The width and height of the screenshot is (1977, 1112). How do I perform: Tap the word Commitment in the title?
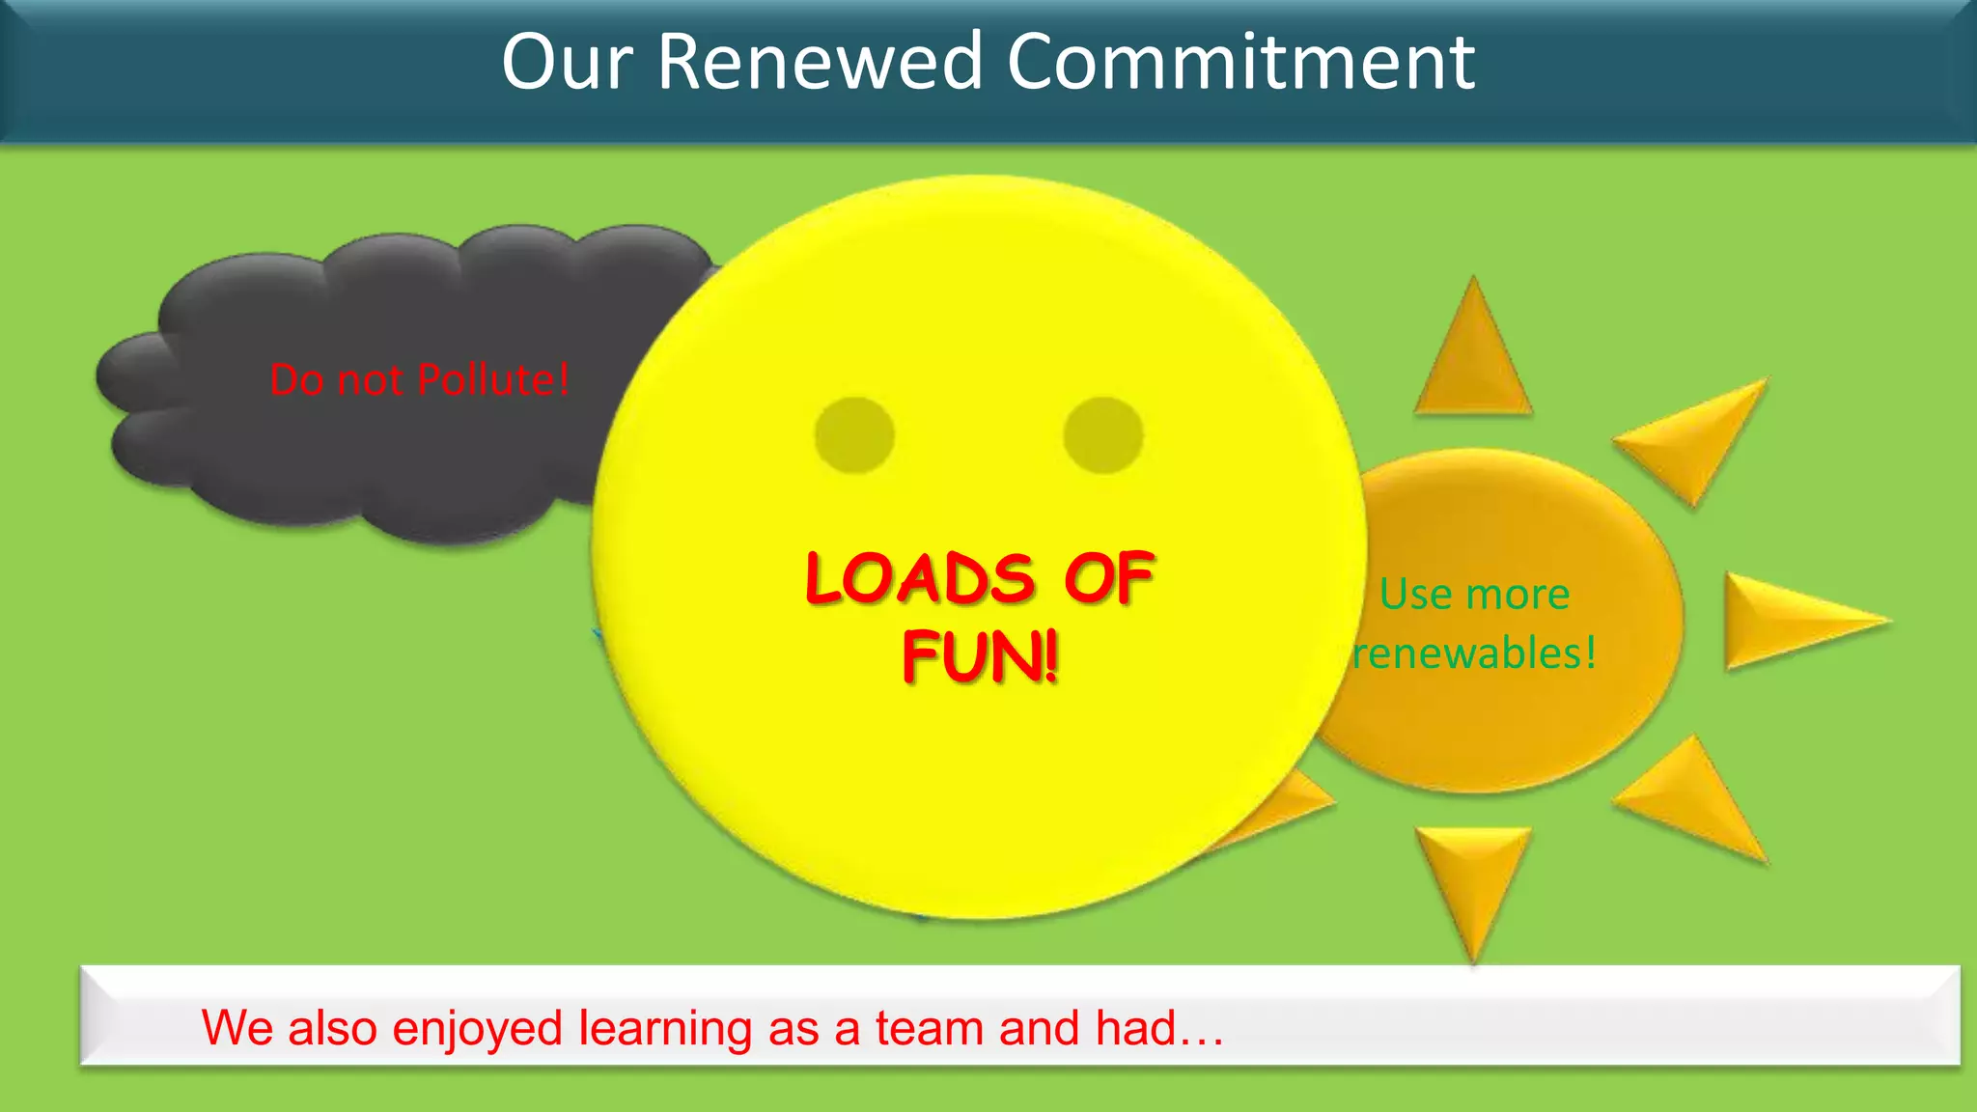click(1240, 62)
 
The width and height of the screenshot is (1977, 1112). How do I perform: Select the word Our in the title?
click(567, 62)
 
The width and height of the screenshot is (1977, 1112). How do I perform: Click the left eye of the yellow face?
click(854, 435)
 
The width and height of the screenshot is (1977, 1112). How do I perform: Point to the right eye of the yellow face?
click(1103, 435)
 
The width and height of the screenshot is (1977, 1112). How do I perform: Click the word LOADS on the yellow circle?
click(920, 579)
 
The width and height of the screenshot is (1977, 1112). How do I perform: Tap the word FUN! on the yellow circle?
click(980, 656)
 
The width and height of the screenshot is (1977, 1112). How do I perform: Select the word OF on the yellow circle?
click(1108, 579)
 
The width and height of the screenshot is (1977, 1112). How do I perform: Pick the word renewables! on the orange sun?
click(1474, 653)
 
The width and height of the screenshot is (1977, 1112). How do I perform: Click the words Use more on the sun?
click(1474, 594)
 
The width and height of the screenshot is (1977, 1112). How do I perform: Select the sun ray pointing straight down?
click(1473, 878)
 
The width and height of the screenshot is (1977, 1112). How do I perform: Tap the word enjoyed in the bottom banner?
click(477, 1027)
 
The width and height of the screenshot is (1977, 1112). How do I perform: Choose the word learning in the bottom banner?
click(665, 1027)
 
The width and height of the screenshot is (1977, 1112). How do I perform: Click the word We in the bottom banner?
click(237, 1027)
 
